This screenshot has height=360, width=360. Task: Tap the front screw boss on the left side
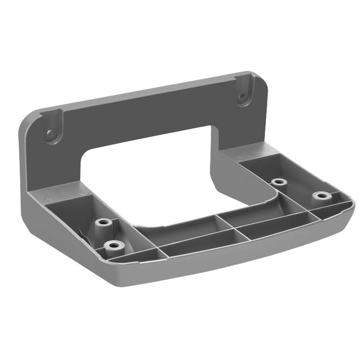tap(113, 244)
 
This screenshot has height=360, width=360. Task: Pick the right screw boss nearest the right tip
tap(321, 195)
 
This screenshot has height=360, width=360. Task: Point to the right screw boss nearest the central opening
tap(279, 181)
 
